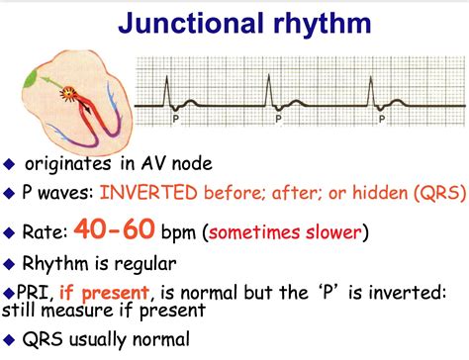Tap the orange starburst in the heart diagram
point(69,95)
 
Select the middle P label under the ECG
point(278,116)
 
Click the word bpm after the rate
point(178,232)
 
